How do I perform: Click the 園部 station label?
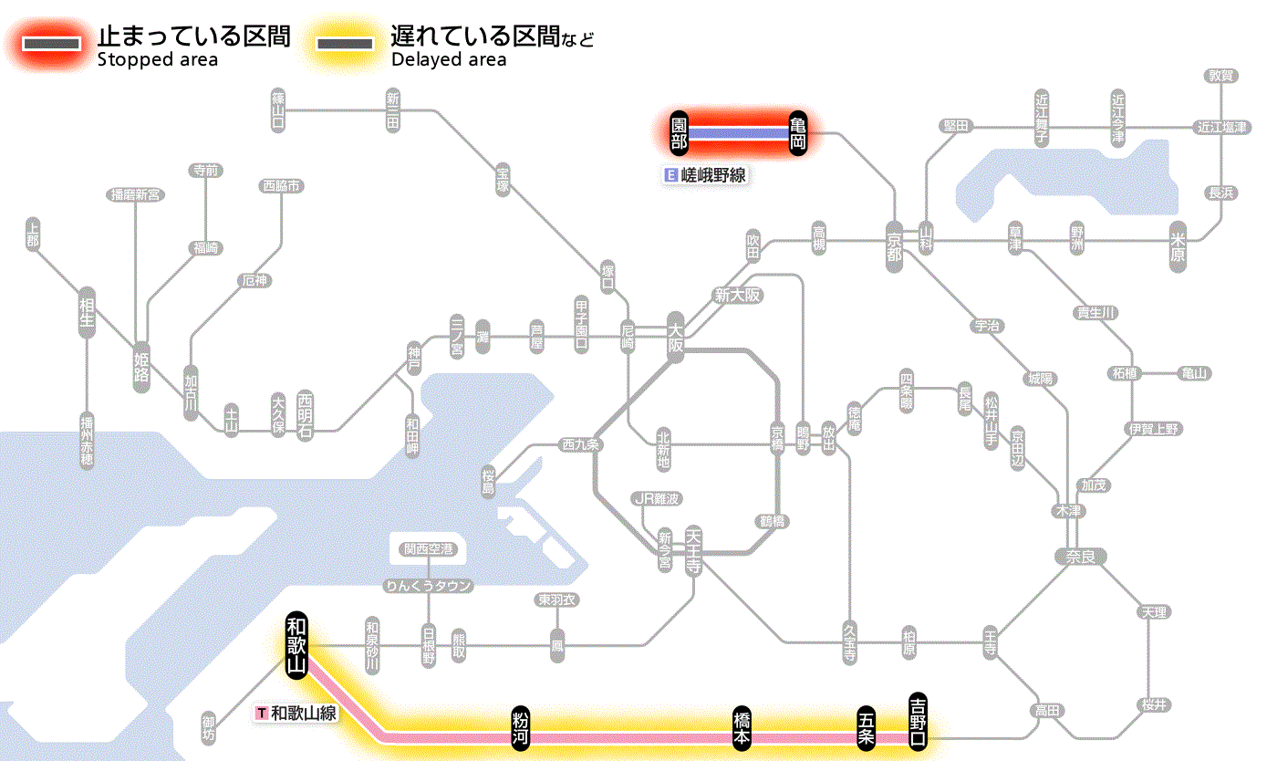679,133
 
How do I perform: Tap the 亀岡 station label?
798,133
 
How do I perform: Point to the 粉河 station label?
521,727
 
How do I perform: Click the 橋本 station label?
742,727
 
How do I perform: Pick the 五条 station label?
866,727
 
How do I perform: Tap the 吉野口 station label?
918,720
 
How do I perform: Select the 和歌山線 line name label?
297,713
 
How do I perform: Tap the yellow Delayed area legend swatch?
344,44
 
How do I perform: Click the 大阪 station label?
675,339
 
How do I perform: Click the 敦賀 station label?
1222,76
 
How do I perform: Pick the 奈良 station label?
1080,556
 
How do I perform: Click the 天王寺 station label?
693,548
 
